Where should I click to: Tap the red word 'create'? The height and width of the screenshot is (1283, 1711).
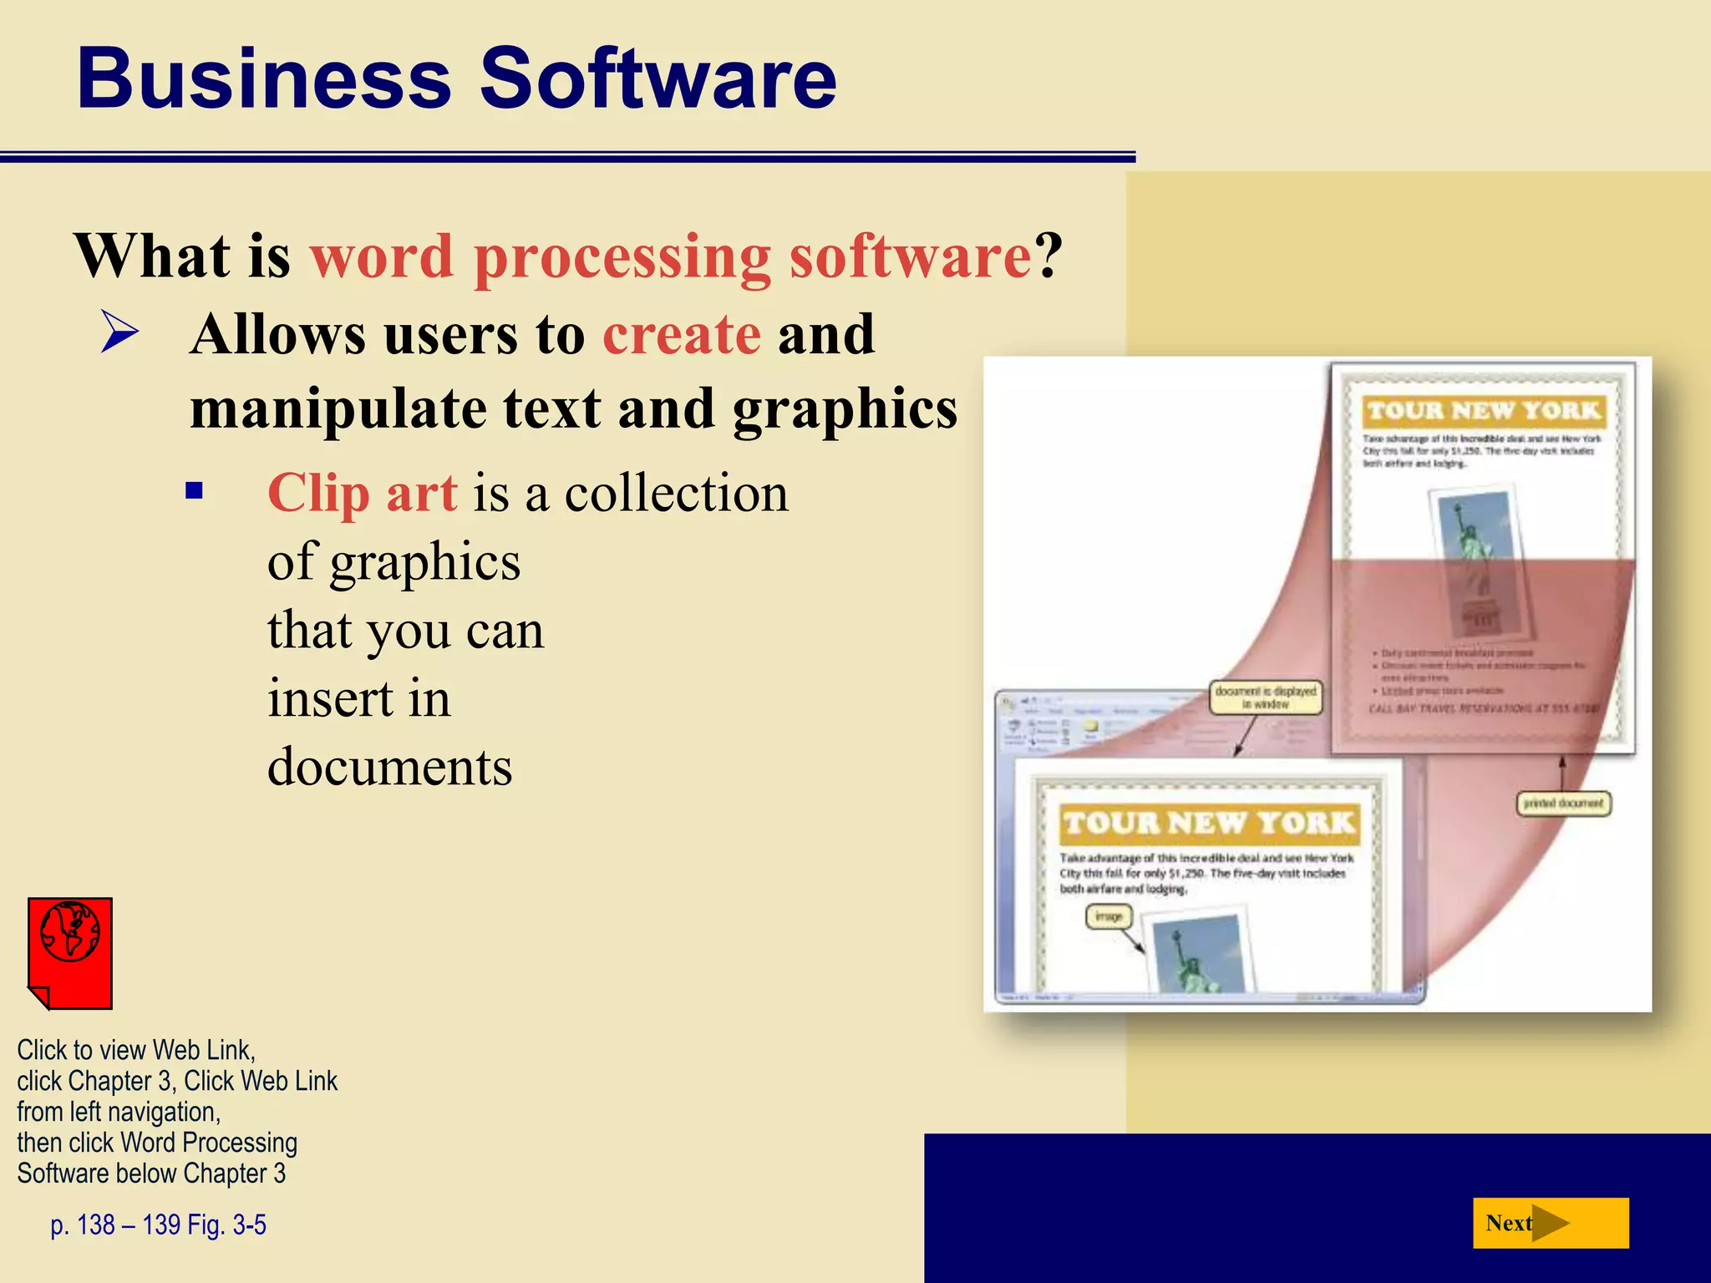click(682, 335)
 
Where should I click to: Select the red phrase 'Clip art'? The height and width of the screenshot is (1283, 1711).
click(362, 493)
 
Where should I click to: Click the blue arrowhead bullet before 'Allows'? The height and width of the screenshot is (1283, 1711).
click(119, 332)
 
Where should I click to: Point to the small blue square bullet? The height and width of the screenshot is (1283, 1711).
click(195, 490)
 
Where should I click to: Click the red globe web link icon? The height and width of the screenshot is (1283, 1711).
click(70, 953)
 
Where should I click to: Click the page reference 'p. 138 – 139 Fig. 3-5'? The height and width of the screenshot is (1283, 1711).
click(159, 1225)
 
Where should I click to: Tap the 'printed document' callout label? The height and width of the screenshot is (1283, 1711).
click(1563, 804)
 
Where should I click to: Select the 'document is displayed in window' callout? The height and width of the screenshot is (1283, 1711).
click(1266, 697)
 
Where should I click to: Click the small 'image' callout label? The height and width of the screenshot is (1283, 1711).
click(1109, 916)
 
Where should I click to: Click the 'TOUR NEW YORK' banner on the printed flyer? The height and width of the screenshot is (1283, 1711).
click(1484, 411)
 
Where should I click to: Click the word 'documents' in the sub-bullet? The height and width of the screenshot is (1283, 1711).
click(389, 767)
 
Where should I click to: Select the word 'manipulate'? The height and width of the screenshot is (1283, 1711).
click(338, 409)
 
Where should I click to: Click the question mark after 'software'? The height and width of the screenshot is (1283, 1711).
click(1049, 256)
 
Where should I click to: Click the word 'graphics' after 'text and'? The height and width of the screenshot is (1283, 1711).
click(845, 409)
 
